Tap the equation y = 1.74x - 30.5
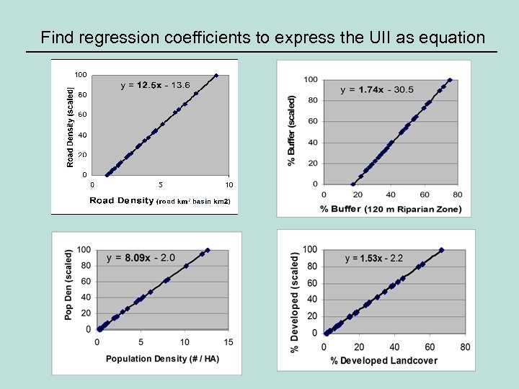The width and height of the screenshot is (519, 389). point(377,89)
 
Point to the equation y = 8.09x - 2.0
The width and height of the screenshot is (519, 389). point(141,257)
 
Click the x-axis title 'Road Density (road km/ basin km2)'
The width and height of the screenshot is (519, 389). point(159,201)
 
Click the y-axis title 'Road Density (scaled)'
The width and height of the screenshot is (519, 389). point(71,128)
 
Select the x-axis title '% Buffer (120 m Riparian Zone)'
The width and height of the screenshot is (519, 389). point(391,209)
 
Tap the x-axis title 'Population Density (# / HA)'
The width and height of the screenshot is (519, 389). point(163,359)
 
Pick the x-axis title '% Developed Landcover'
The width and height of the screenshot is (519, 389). point(389,360)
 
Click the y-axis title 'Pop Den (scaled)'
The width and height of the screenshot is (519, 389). point(68,285)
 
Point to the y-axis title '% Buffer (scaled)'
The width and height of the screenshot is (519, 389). point(292,130)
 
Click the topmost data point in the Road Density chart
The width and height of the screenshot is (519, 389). point(216,74)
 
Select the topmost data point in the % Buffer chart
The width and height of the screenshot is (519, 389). point(450,80)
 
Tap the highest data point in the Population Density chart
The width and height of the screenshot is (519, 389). point(208,250)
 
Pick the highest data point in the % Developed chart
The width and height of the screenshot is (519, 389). point(441,250)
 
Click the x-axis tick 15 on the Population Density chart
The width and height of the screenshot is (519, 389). point(229,341)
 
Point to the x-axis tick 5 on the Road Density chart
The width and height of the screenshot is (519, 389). point(160,185)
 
